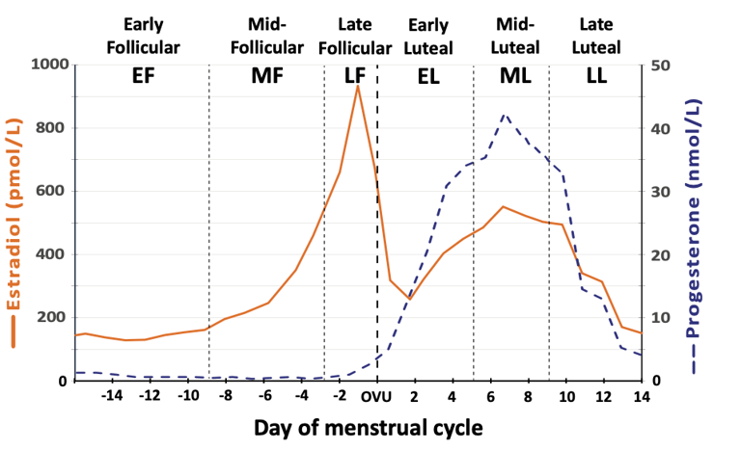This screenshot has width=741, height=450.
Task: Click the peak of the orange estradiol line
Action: (x=358, y=87)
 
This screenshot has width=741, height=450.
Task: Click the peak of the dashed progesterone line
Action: (x=504, y=114)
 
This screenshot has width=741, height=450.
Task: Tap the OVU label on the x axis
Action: (x=377, y=396)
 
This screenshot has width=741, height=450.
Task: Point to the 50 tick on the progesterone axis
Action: (x=664, y=65)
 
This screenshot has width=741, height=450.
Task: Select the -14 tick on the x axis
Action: (x=113, y=396)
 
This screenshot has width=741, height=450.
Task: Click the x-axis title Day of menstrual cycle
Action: (x=368, y=427)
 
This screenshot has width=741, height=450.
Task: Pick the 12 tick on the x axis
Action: (x=603, y=396)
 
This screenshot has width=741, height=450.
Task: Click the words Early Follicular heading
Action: (x=151, y=35)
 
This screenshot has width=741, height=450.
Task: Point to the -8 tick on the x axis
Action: (x=226, y=396)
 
